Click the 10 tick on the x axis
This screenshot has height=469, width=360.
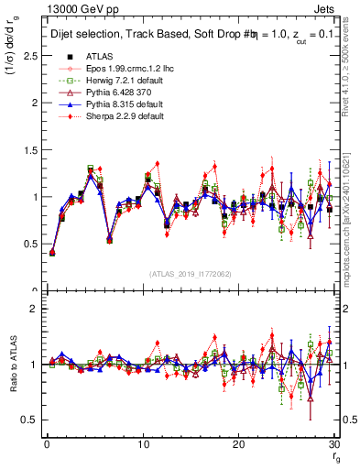pos(142,443)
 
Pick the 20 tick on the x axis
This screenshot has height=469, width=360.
pos(239,443)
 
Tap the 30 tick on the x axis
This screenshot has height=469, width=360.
pos(335,443)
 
